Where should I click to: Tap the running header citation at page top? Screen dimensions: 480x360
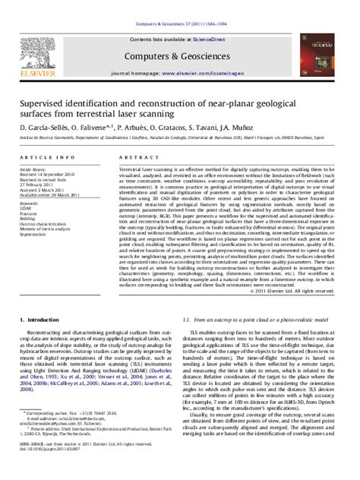coord(179,5)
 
